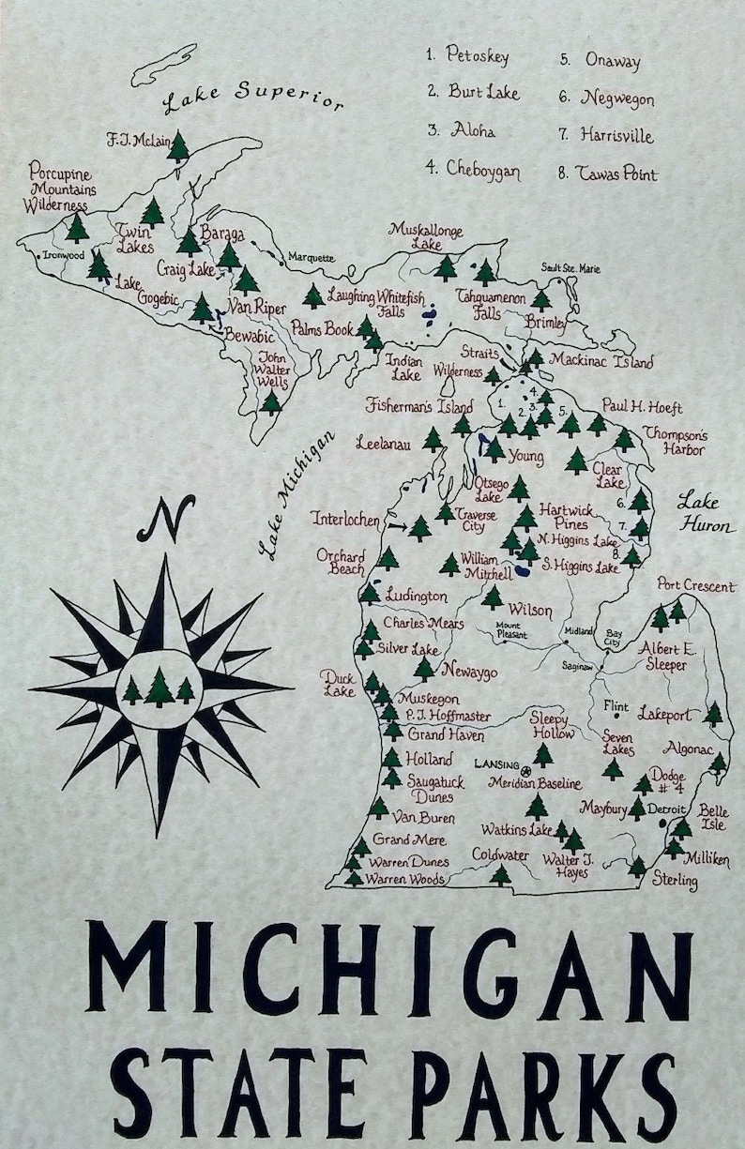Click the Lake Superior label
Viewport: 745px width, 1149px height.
click(x=251, y=100)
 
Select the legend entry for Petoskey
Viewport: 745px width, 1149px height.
click(x=467, y=55)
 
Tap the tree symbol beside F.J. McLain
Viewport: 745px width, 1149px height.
click(x=178, y=146)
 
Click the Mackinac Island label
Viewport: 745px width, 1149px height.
click(x=601, y=360)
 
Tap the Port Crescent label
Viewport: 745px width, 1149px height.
click(x=695, y=586)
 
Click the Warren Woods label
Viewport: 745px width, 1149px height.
click(x=405, y=880)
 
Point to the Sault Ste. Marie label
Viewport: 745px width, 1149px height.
click(x=570, y=268)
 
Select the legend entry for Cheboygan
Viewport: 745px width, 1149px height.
click(x=472, y=169)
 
